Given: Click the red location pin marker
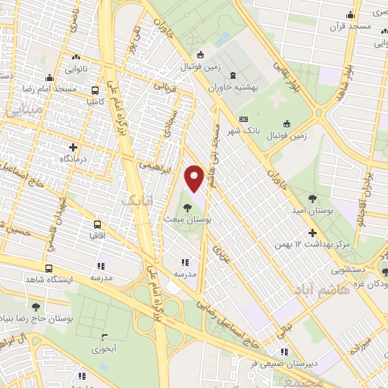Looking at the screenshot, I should pos(195,179).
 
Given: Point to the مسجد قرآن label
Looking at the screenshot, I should pos(349,27).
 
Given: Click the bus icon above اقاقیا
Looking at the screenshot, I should pos(97,224).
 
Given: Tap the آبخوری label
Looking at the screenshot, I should pos(103,349).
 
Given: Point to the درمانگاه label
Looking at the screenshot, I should pos(74,161).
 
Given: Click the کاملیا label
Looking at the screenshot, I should pos(101,100).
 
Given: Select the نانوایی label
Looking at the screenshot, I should pos(75,68).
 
